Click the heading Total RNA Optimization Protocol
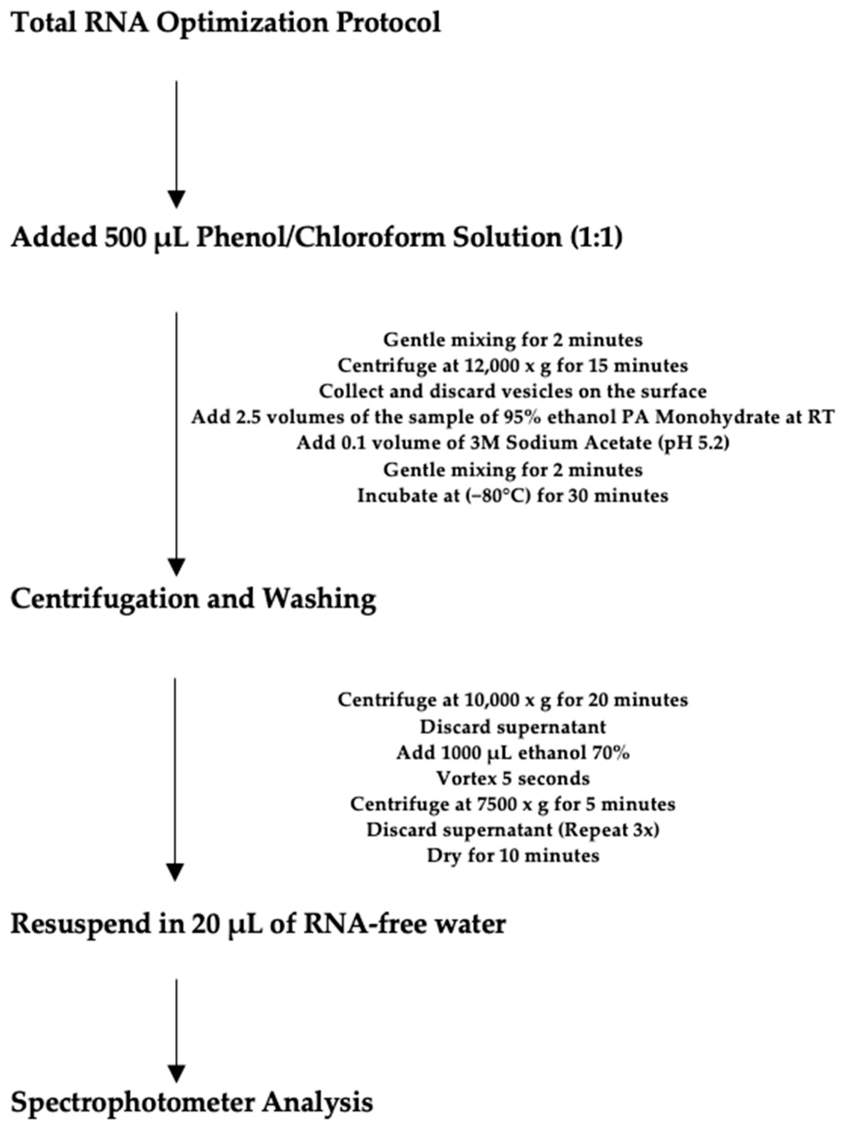226,23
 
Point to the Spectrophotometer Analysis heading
192,1103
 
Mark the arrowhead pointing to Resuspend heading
175,872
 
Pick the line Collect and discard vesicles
513,391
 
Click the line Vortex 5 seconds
513,778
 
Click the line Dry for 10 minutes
513,856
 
